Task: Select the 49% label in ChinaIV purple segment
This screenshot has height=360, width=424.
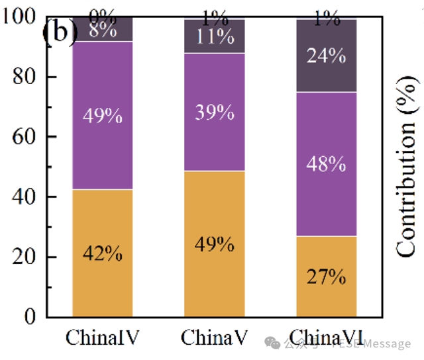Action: pyautogui.click(x=102, y=116)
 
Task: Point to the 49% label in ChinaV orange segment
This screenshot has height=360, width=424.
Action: pyautogui.click(x=215, y=244)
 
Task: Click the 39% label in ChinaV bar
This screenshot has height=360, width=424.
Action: pyautogui.click(x=215, y=113)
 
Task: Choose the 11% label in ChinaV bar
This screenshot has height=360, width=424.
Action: pyautogui.click(x=215, y=37)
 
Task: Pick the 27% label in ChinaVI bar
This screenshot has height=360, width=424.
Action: pyautogui.click(x=327, y=277)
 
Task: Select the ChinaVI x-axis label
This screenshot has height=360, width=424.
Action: pyautogui.click(x=327, y=337)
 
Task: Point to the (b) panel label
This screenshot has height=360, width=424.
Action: pyautogui.click(x=60, y=31)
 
